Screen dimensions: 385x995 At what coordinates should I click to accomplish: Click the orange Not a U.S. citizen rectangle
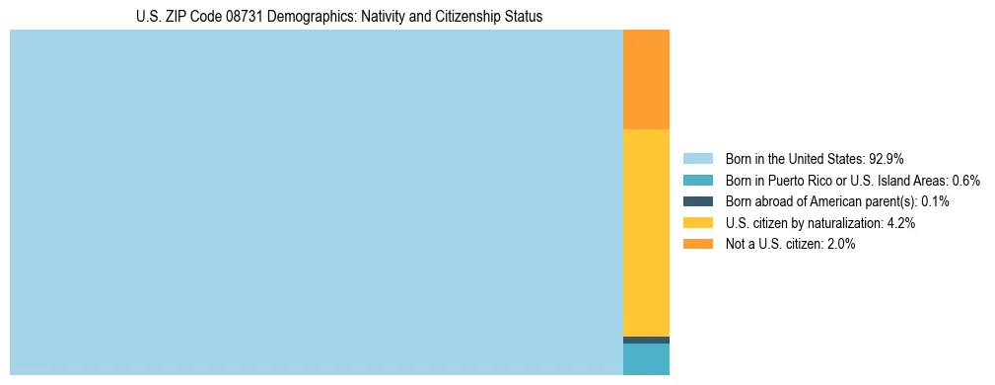pos(646,79)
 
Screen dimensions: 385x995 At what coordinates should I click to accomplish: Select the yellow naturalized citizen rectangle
pos(646,232)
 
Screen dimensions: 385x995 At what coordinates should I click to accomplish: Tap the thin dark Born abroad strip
pos(646,340)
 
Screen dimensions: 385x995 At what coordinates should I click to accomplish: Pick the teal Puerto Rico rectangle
pos(646,358)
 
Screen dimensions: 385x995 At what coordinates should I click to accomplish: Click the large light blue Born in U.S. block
pos(316,202)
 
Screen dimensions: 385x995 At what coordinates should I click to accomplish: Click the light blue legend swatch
pos(698,158)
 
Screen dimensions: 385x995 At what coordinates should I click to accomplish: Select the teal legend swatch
pos(698,180)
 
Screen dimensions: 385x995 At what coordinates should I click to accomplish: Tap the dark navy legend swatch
pos(698,201)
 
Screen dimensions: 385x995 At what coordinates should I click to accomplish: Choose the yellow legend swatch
pos(698,223)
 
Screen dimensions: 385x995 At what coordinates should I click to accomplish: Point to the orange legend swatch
pos(698,244)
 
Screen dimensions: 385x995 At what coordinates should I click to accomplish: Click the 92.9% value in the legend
pos(887,158)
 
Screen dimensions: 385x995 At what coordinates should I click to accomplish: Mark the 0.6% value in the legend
pos(965,180)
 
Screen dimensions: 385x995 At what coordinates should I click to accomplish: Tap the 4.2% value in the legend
pos(900,223)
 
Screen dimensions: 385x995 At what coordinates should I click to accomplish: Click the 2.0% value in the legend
pos(840,244)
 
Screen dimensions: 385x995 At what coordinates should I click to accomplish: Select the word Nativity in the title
pos(371,17)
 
